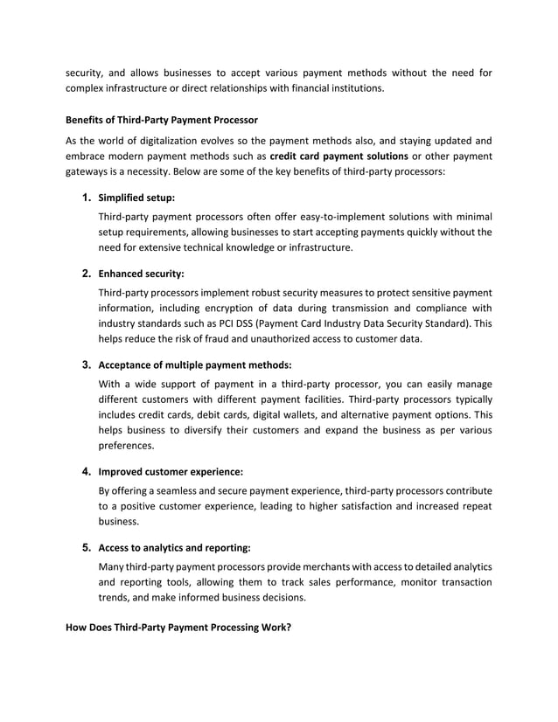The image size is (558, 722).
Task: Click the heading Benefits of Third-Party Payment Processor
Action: coord(163,118)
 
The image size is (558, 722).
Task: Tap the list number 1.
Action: coord(87,198)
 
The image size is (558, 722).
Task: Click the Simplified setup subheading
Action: coord(136,198)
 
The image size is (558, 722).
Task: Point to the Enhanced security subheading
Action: coord(141,274)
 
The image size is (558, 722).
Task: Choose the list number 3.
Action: coord(87,364)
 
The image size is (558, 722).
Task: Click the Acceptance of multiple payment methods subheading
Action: coord(195,365)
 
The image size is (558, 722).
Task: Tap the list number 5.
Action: coord(87,548)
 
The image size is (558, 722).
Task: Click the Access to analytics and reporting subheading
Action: coord(175,549)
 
